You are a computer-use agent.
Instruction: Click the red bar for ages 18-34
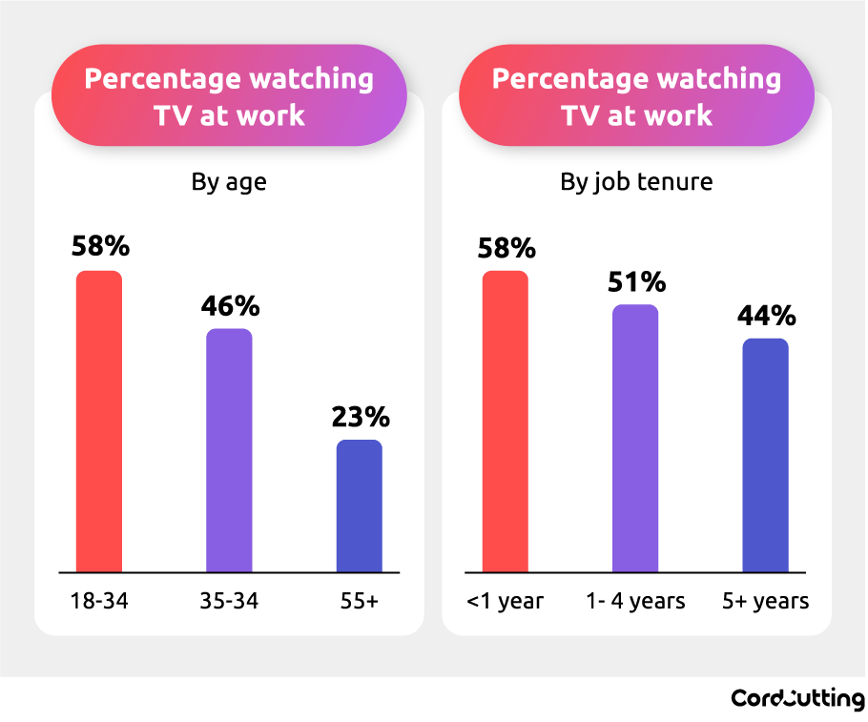pyautogui.click(x=99, y=422)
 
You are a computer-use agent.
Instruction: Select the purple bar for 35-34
pyautogui.click(x=229, y=450)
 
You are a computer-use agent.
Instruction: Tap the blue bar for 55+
pyautogui.click(x=360, y=505)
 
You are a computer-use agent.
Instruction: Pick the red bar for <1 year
pyautogui.click(x=506, y=422)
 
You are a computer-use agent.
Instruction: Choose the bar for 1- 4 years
pyautogui.click(x=635, y=439)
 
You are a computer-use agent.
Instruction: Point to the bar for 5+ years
pyautogui.click(x=765, y=455)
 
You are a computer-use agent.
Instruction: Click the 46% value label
pyautogui.click(x=230, y=306)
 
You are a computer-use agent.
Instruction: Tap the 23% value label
pyautogui.click(x=361, y=417)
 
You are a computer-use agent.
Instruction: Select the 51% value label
pyautogui.click(x=636, y=282)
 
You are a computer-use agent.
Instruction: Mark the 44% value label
pyautogui.click(x=766, y=316)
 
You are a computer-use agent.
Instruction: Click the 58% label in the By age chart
pyautogui.click(x=100, y=247)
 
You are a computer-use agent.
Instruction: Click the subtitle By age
pyautogui.click(x=229, y=181)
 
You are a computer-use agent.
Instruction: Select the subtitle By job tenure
pyautogui.click(x=636, y=181)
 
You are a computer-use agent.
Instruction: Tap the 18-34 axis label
pyautogui.click(x=99, y=602)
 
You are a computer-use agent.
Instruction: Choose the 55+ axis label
pyautogui.click(x=360, y=602)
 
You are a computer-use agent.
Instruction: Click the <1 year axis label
pyautogui.click(x=506, y=602)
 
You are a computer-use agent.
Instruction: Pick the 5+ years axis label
pyautogui.click(x=765, y=602)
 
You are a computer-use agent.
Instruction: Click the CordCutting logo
pyautogui.click(x=797, y=698)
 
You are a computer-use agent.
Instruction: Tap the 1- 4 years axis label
pyautogui.click(x=635, y=602)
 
